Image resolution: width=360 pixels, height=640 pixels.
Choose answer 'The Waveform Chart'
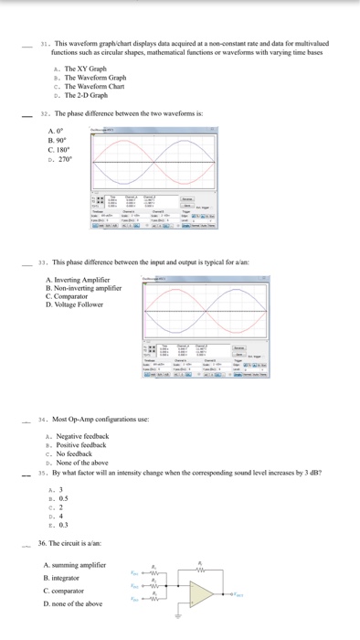pos(94,86)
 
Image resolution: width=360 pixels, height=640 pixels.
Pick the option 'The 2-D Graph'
pos(87,94)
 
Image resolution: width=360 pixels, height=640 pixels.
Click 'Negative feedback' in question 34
pos(83,436)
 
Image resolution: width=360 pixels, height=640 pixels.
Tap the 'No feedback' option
pos(76,453)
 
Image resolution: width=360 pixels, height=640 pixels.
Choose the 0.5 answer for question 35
pos(62,498)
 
